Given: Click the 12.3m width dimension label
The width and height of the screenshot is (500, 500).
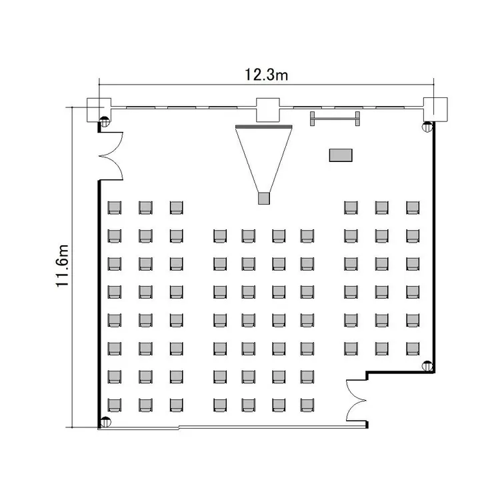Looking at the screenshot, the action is (x=266, y=75).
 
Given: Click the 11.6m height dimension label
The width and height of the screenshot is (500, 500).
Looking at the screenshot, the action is (x=63, y=266).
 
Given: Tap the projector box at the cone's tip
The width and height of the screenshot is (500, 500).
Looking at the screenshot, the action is (x=264, y=198).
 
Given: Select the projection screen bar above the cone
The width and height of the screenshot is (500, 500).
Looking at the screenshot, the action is (x=264, y=127).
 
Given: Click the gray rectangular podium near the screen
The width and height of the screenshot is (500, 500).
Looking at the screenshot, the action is (x=341, y=155).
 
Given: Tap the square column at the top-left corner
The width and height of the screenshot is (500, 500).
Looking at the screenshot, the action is (x=99, y=110).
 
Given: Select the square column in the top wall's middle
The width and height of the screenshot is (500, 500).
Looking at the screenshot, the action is (x=268, y=110).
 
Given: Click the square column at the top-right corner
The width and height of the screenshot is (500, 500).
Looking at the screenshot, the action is (x=435, y=109).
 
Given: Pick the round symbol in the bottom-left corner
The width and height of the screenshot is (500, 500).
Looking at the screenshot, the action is (x=105, y=422).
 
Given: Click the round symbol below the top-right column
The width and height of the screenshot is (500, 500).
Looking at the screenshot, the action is (x=427, y=127).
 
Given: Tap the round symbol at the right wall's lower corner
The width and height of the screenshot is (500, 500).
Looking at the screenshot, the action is (x=427, y=366).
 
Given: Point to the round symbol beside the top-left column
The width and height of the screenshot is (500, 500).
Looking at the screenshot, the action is (x=105, y=122).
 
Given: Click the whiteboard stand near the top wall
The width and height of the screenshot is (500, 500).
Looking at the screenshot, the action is (x=335, y=119).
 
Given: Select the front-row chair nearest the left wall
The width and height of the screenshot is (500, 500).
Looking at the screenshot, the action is (x=114, y=207).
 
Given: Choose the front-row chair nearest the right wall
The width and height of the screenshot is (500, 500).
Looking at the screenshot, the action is (x=413, y=207).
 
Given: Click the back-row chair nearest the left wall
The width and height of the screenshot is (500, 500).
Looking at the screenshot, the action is (x=114, y=405).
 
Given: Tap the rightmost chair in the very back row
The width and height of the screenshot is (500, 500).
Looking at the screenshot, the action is (x=307, y=405).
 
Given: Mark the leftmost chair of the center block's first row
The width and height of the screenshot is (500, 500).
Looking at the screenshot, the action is (x=220, y=236).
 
